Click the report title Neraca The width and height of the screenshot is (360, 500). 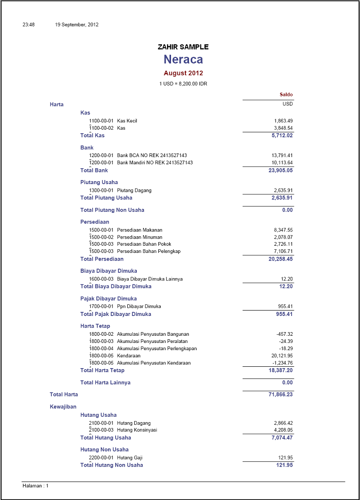point(183,59)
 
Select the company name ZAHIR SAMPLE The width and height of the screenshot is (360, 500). point(183,47)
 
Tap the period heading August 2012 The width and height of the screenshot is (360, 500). point(183,73)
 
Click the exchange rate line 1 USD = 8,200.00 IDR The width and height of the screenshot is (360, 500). point(183,84)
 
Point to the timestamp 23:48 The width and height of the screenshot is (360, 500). point(29,25)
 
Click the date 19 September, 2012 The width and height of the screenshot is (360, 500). point(77,25)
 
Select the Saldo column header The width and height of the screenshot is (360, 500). point(286,95)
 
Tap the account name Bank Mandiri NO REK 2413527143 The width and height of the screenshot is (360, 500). point(155,163)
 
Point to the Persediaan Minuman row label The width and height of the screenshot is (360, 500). point(139,237)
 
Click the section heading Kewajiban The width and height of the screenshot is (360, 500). point(63,407)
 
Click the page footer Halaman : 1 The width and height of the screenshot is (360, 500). point(36,486)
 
